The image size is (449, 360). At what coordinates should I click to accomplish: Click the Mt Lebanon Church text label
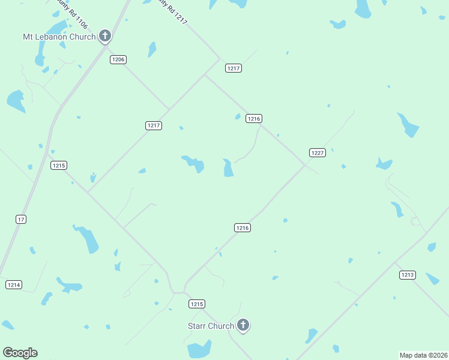coord(59,37)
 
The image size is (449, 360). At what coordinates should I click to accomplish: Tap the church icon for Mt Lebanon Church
coord(105,36)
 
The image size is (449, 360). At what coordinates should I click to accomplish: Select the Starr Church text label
coord(212,326)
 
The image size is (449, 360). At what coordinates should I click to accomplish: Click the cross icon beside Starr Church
coord(243,325)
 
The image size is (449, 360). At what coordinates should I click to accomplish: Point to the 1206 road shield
coord(118,59)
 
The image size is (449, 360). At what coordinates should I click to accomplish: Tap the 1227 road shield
coord(318,153)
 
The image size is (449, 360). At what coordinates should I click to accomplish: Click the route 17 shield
coord(21,220)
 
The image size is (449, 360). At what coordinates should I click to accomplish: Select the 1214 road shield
coord(14,284)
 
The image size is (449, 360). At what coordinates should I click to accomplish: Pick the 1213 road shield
coord(407,275)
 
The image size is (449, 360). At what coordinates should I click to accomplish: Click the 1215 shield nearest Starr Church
coord(197,304)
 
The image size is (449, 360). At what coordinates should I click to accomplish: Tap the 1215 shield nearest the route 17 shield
coord(58,166)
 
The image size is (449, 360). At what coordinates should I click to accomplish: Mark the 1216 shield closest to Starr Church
coord(242,228)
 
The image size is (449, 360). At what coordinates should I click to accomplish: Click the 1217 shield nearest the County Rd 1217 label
coord(234,68)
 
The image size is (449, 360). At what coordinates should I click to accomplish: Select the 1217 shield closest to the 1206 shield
coord(154,125)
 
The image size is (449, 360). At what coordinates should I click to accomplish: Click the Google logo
coord(20,353)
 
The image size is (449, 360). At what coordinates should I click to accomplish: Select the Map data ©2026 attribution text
coord(423,355)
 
